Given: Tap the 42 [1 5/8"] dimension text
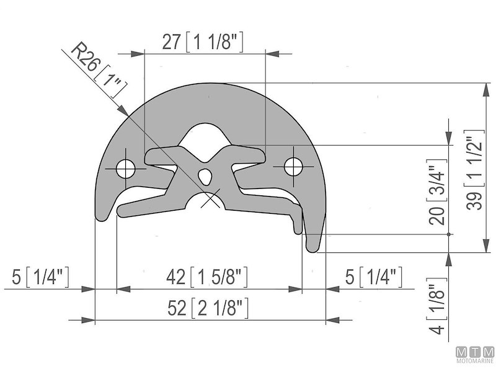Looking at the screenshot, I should [x=208, y=277].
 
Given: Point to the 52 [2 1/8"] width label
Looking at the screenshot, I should [x=208, y=308].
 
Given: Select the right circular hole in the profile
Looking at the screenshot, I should [x=293, y=166].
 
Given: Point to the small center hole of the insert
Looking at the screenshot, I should [x=206, y=177].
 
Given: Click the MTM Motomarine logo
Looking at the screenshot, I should [x=474, y=353].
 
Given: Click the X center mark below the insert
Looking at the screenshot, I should [x=211, y=200].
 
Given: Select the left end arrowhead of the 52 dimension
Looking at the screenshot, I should [x=97, y=320].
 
